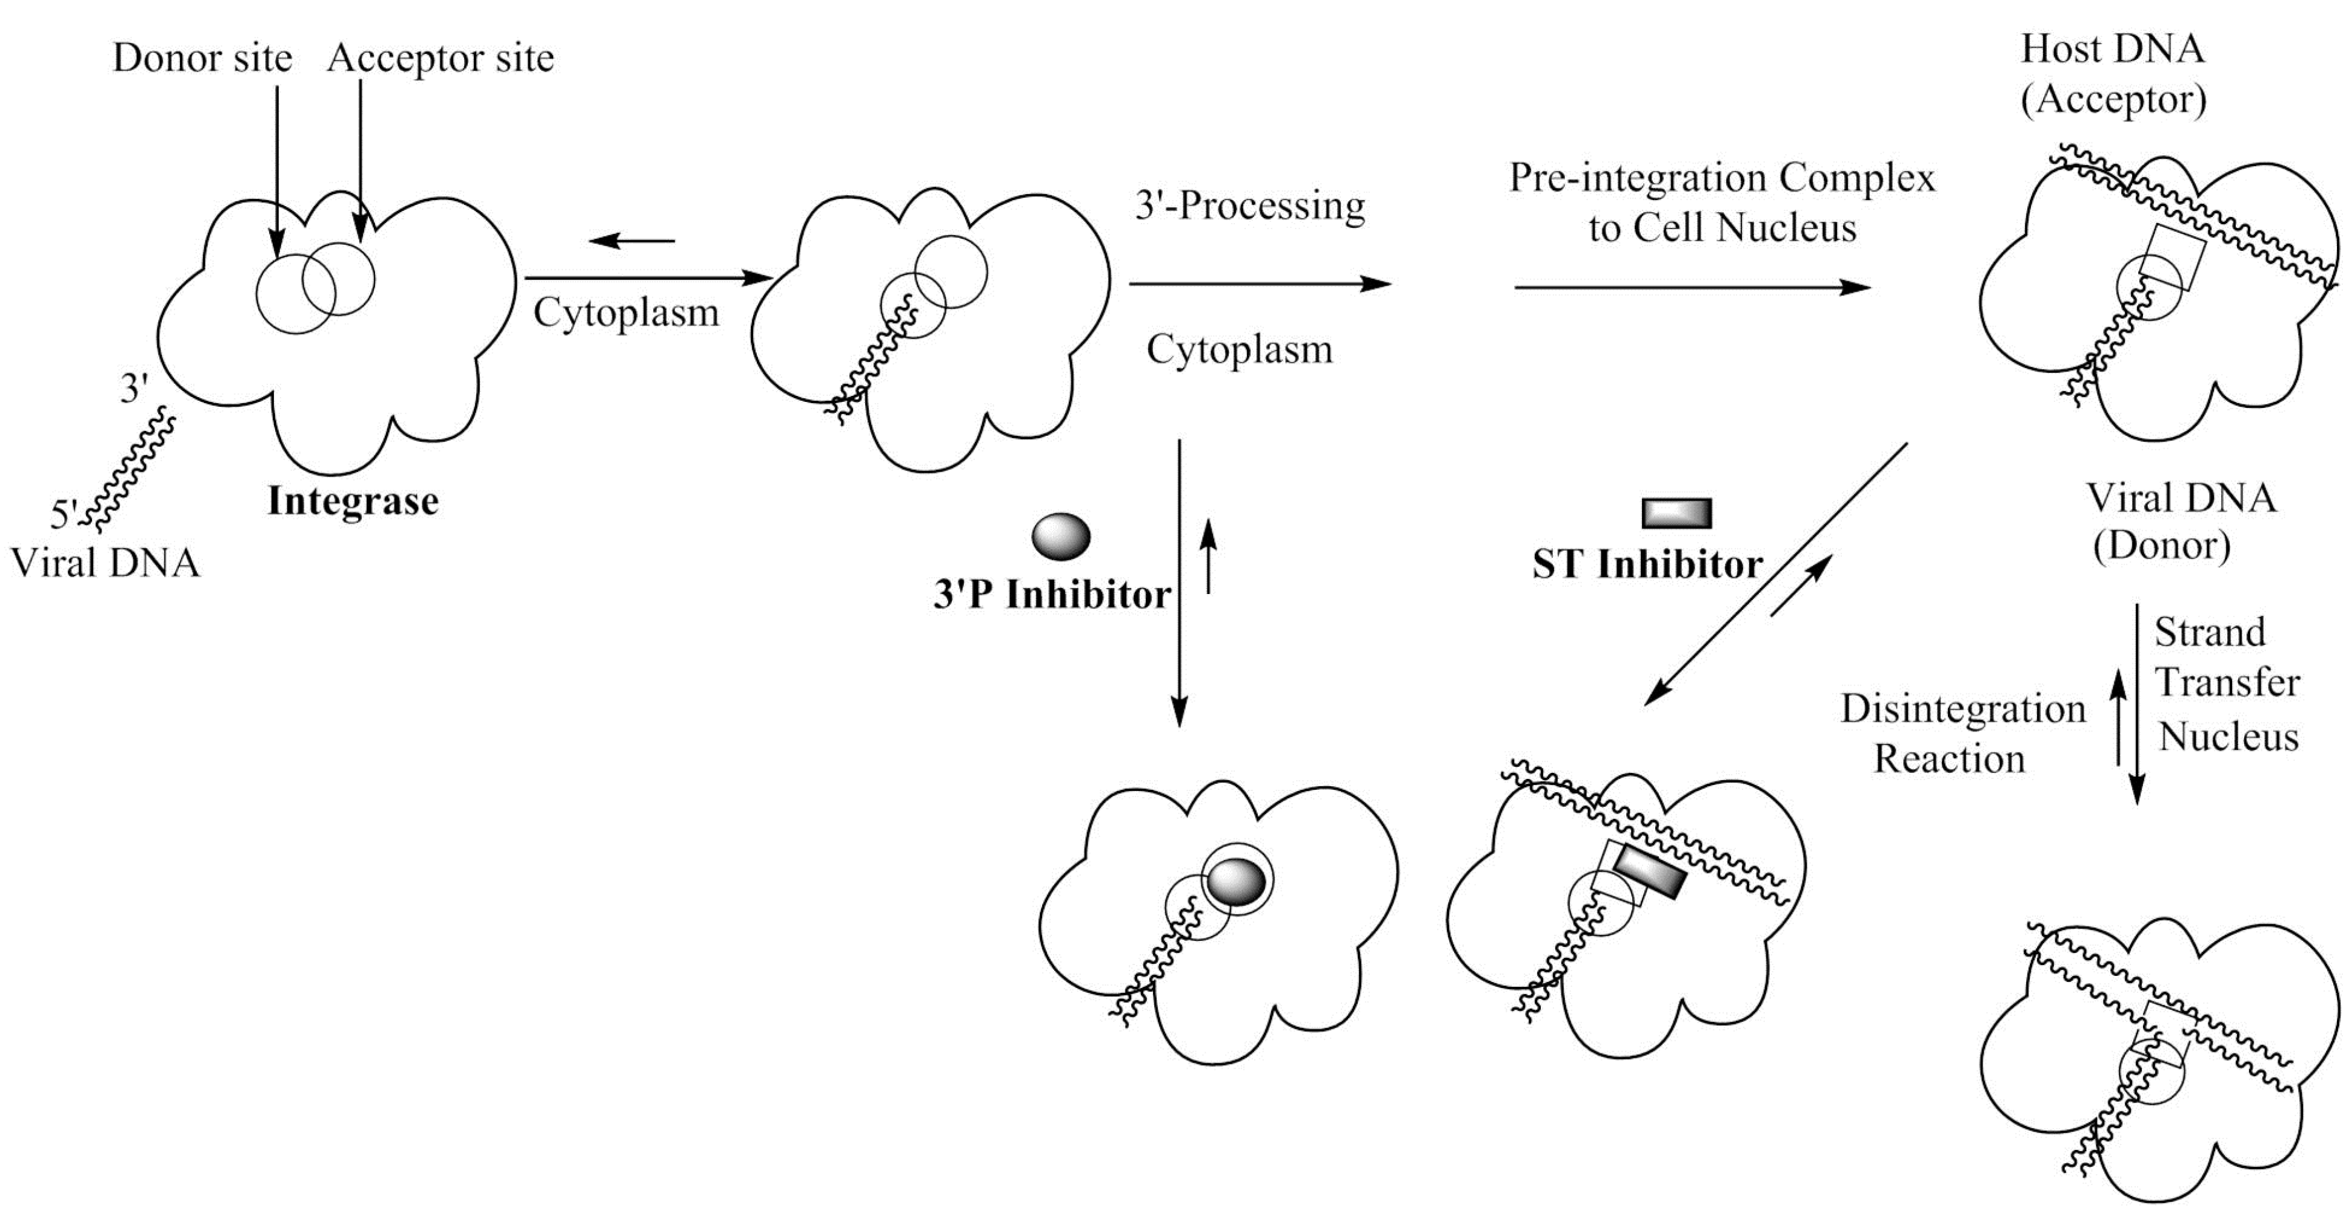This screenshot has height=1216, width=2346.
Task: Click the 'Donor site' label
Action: point(202,58)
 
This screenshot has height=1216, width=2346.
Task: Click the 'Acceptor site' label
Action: point(440,58)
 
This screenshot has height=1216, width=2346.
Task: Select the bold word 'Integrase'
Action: point(353,501)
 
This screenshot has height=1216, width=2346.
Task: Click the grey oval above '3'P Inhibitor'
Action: point(1061,536)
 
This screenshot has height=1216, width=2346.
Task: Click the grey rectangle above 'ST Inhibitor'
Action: point(1676,513)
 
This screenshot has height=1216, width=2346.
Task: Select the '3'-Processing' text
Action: point(1249,206)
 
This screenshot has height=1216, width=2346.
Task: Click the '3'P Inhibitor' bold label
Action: point(1052,595)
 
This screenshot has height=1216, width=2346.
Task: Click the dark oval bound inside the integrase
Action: point(1236,882)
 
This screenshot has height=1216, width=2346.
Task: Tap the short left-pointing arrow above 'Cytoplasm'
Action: point(632,241)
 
